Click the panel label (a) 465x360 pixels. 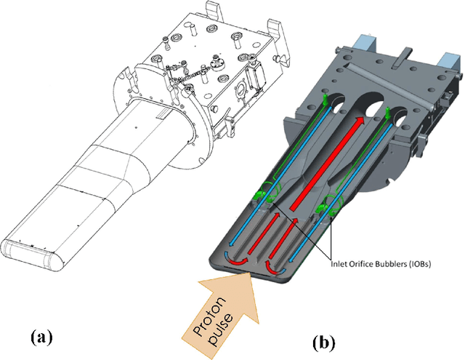tap(41, 337)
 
